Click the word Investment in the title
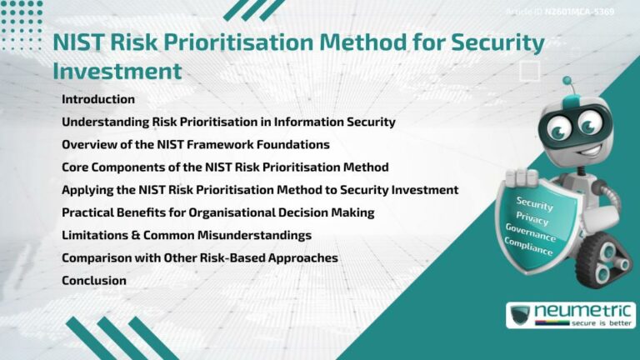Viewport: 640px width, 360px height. click(x=117, y=71)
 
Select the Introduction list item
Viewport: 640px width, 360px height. click(x=97, y=99)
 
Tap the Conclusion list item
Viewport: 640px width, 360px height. click(x=93, y=281)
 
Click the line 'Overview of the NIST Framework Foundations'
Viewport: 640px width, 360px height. click(x=195, y=144)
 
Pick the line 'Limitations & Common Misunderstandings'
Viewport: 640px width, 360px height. click(x=186, y=235)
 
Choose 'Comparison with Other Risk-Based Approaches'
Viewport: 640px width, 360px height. click(x=199, y=258)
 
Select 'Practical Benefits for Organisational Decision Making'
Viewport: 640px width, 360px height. click(x=217, y=212)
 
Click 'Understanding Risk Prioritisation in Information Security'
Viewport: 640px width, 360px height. click(x=228, y=122)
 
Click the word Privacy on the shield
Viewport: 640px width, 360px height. click(x=533, y=217)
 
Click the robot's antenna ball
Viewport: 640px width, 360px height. click(x=567, y=82)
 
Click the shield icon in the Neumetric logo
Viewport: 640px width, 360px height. click(x=521, y=315)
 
